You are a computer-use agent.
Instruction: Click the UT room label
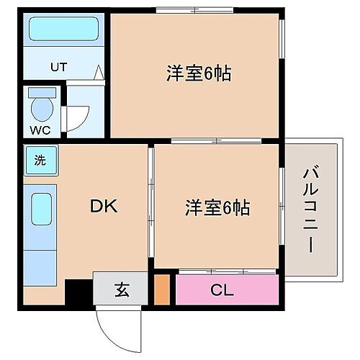coord(58,67)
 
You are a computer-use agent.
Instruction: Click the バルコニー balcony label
coord(310,210)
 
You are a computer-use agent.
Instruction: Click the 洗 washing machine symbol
coord(40,161)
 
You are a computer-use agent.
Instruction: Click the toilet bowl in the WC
coord(43,109)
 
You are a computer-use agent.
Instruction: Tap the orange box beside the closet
coord(163,289)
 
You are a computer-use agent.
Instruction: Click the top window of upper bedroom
coord(194,9)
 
